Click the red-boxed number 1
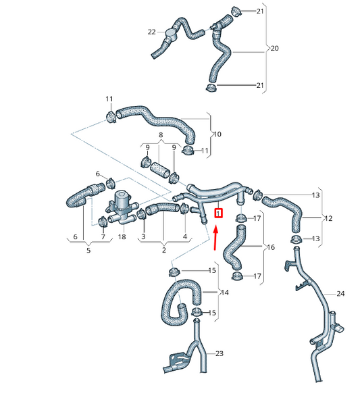219,213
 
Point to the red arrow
215,238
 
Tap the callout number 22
152,32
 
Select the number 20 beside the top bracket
274,48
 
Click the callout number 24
340,293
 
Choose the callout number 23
220,353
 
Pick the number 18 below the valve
122,236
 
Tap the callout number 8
161,134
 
